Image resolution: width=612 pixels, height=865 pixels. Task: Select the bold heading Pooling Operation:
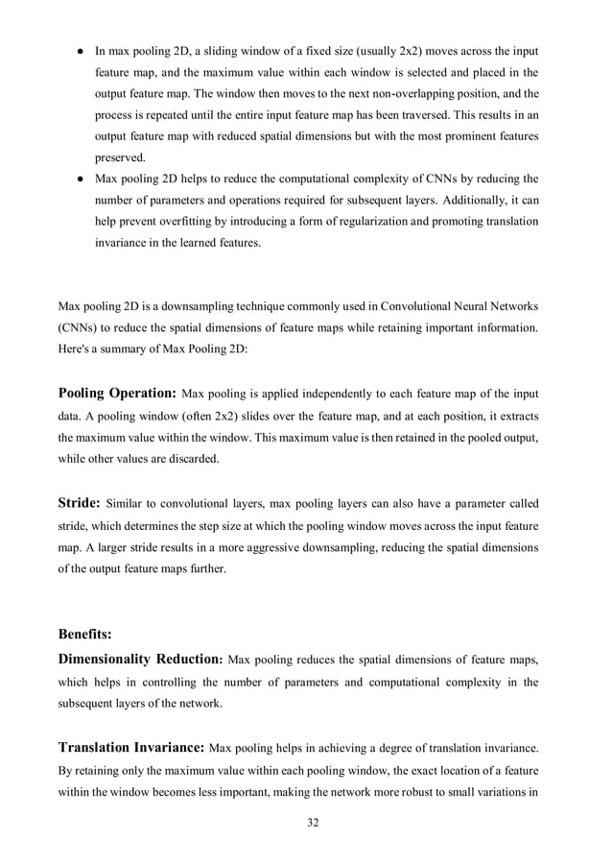pyautogui.click(x=117, y=394)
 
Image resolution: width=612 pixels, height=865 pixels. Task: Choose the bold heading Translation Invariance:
pyautogui.click(x=131, y=747)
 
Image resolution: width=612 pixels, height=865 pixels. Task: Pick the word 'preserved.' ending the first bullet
pyautogui.click(x=119, y=158)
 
